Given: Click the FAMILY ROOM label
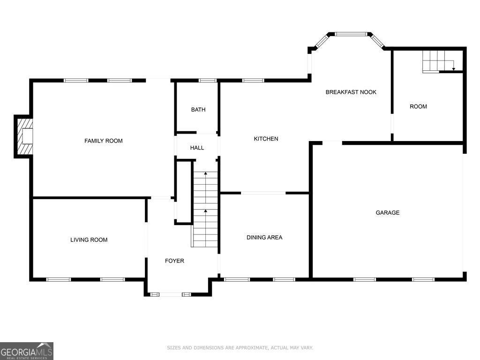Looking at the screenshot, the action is click(104, 141).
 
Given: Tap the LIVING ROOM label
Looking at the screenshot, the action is click(89, 240).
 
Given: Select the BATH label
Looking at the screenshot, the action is click(198, 110).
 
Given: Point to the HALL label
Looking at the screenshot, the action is click(197, 148).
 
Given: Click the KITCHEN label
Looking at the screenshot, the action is click(266, 139).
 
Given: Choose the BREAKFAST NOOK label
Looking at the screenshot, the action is click(351, 92).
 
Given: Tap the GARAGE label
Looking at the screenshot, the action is click(388, 212).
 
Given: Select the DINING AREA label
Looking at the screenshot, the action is click(264, 237).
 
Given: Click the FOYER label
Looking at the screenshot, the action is click(174, 261).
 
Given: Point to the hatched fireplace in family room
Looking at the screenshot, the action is click(25, 136).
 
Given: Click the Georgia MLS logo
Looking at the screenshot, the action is click(27, 351).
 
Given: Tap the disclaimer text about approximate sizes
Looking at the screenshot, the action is click(240, 348).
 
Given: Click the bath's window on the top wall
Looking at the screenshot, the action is click(208, 81).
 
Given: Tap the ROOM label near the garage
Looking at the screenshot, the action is click(418, 106).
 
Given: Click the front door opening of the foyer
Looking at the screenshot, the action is click(171, 294).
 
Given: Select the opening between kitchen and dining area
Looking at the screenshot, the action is click(263, 193).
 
